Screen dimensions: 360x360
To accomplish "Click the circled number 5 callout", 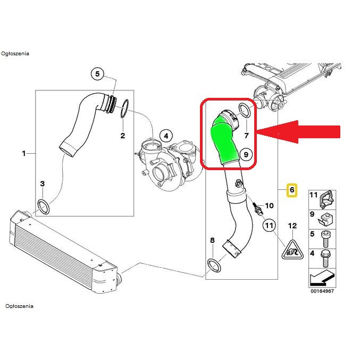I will click(x=97, y=74).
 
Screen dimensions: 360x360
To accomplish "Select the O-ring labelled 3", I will click(x=43, y=206).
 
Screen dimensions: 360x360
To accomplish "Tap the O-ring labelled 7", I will click(x=246, y=110).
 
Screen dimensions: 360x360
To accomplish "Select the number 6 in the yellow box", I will click(x=291, y=190).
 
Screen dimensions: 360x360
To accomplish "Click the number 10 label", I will click(x=269, y=205).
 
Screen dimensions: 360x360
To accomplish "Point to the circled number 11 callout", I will click(x=270, y=227).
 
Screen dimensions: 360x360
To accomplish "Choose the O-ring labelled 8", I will click(x=213, y=264).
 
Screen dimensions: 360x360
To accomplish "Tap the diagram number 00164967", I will click(x=323, y=291).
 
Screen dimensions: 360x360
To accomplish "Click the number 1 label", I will click(x=24, y=154).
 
